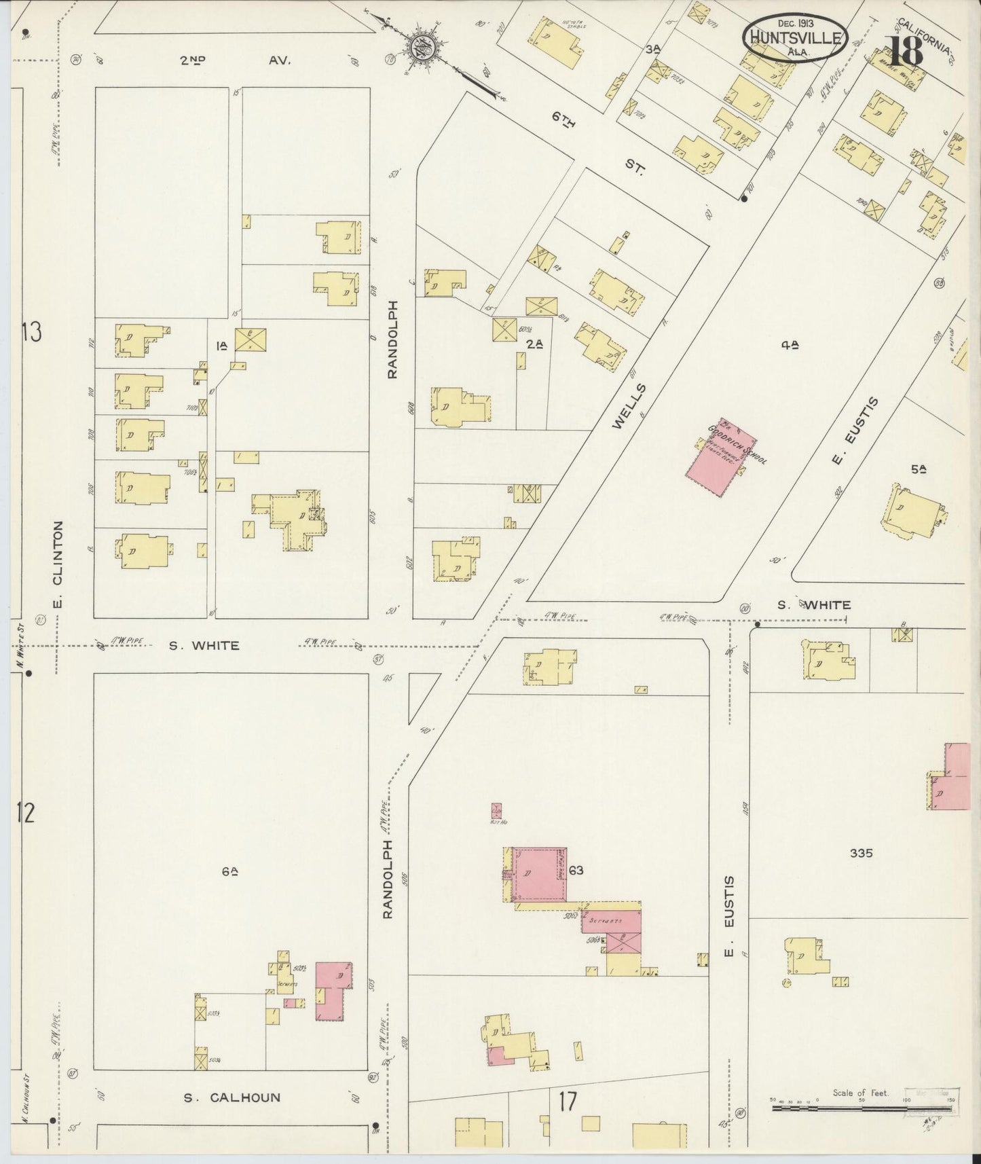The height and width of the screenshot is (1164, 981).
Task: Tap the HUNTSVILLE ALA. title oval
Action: coord(795,37)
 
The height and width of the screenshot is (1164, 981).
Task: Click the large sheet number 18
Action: coord(906,51)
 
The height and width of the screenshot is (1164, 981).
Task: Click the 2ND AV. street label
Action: coord(235,60)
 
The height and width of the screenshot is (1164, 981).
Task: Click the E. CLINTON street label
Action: coord(58,564)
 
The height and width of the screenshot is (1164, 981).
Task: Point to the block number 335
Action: coord(861,854)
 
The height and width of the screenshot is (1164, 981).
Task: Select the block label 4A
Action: coord(789,345)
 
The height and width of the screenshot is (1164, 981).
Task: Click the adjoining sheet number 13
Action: coord(31,332)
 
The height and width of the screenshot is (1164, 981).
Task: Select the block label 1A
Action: coord(221,346)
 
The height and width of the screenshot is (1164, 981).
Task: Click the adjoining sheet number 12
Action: coord(25,813)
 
